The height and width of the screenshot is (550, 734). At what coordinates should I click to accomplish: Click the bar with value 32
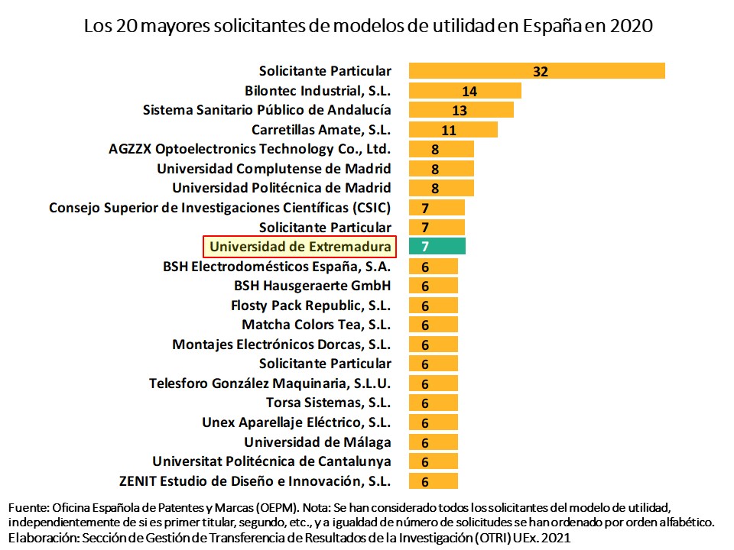pos(537,71)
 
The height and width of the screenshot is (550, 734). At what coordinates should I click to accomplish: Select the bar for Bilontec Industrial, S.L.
pos(465,91)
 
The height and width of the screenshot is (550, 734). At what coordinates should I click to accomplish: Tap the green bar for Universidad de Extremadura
pos(437,247)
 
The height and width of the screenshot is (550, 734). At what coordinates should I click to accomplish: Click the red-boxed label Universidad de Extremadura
pos(300,247)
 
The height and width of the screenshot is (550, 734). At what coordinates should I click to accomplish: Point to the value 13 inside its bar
pos(459,111)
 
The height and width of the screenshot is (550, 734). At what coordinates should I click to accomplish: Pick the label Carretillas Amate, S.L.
pos(321,130)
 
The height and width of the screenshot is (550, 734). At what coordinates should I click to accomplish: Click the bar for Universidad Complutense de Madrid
pos(441,169)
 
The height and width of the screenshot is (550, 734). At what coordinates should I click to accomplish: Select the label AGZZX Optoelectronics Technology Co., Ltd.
pos(250,149)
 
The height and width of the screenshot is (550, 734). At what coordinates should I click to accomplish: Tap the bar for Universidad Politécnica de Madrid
pos(441,188)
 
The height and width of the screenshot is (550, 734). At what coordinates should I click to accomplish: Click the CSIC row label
pos(219,208)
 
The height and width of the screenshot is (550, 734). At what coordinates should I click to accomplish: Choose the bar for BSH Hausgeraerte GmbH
pos(434,286)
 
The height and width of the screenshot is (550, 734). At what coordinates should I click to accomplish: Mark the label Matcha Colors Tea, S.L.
pos(317,325)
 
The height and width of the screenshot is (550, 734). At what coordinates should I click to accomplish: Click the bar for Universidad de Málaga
pos(434,442)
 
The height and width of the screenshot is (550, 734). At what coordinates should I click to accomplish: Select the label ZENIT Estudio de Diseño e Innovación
pos(255,481)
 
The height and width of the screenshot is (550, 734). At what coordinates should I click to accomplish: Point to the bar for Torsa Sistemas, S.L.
pos(434,403)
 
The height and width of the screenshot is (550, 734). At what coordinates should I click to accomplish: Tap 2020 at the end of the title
pos(631,26)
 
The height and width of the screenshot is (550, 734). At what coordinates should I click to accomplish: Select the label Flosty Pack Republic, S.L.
pos(310,306)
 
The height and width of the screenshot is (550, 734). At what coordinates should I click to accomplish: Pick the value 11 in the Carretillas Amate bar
pos(449,130)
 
